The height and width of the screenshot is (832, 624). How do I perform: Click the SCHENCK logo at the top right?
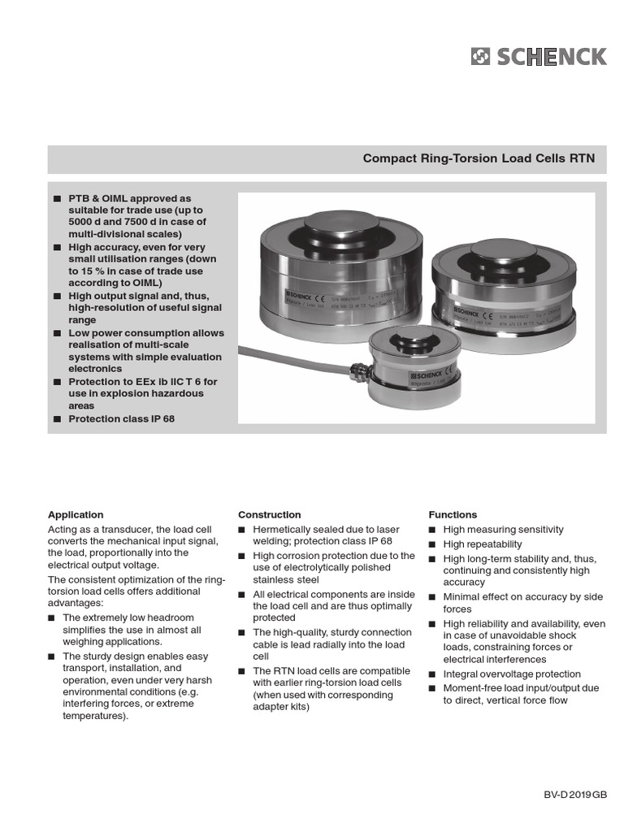(538, 56)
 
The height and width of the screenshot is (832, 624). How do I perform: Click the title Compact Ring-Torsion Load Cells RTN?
(479, 158)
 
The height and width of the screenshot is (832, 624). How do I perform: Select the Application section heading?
(76, 514)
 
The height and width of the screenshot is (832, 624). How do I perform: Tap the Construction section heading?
(269, 514)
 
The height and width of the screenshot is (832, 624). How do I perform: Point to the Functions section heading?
(453, 514)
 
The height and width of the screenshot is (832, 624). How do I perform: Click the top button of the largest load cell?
(339, 219)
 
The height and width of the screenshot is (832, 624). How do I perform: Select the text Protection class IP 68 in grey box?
(121, 419)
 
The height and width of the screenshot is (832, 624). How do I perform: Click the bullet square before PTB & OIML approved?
(57, 198)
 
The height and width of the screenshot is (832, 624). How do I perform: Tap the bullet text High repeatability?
(483, 544)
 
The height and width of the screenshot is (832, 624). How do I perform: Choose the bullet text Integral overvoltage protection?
(512, 674)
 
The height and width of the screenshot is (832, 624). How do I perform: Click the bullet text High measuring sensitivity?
(503, 530)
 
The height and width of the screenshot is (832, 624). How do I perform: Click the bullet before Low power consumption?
(57, 333)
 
